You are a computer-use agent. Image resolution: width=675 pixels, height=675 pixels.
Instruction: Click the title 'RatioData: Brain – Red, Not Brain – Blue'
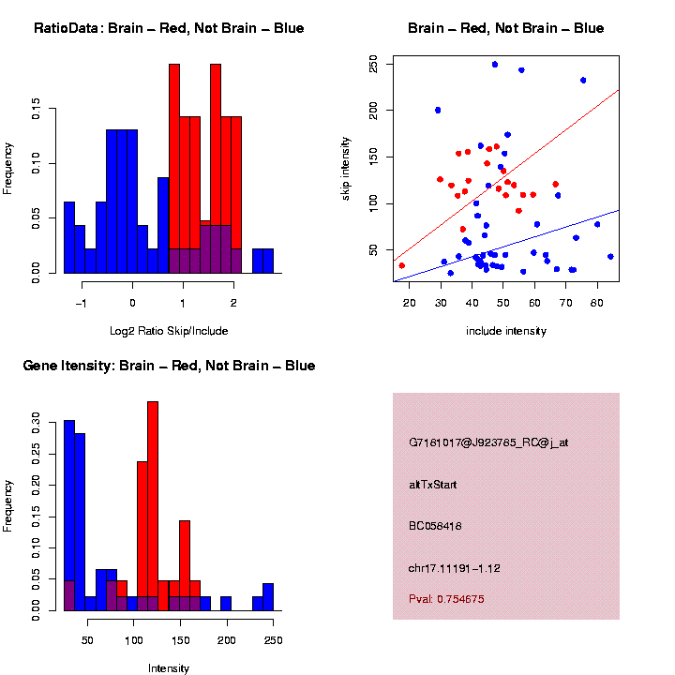[x=169, y=28]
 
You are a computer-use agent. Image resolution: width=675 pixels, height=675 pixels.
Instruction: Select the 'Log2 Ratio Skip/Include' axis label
[x=168, y=330]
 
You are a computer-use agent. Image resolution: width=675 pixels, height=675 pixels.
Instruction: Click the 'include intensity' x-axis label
[x=505, y=330]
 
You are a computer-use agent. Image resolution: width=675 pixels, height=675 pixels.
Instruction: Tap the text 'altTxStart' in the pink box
[x=433, y=485]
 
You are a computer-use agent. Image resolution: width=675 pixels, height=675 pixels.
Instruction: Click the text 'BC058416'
[x=435, y=526]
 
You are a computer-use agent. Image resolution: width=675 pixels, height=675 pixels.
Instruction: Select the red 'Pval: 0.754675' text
[x=447, y=598]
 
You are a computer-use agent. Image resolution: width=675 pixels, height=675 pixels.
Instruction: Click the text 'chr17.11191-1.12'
[x=456, y=567]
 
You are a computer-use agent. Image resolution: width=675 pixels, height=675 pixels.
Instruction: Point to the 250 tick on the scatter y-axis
[x=374, y=64]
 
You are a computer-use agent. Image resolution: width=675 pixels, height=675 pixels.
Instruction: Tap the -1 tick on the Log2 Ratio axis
[x=82, y=303]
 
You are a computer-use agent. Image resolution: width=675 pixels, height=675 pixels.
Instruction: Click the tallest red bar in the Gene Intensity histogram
[x=153, y=506]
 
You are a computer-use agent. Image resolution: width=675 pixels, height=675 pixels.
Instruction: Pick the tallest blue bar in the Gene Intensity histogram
[x=69, y=516]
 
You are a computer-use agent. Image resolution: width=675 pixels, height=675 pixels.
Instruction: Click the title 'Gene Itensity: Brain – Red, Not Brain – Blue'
[x=169, y=365]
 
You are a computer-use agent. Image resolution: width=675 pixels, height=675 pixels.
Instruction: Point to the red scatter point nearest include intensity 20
[x=402, y=265]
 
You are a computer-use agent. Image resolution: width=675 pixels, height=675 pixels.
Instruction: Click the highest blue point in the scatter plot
[x=495, y=65]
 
